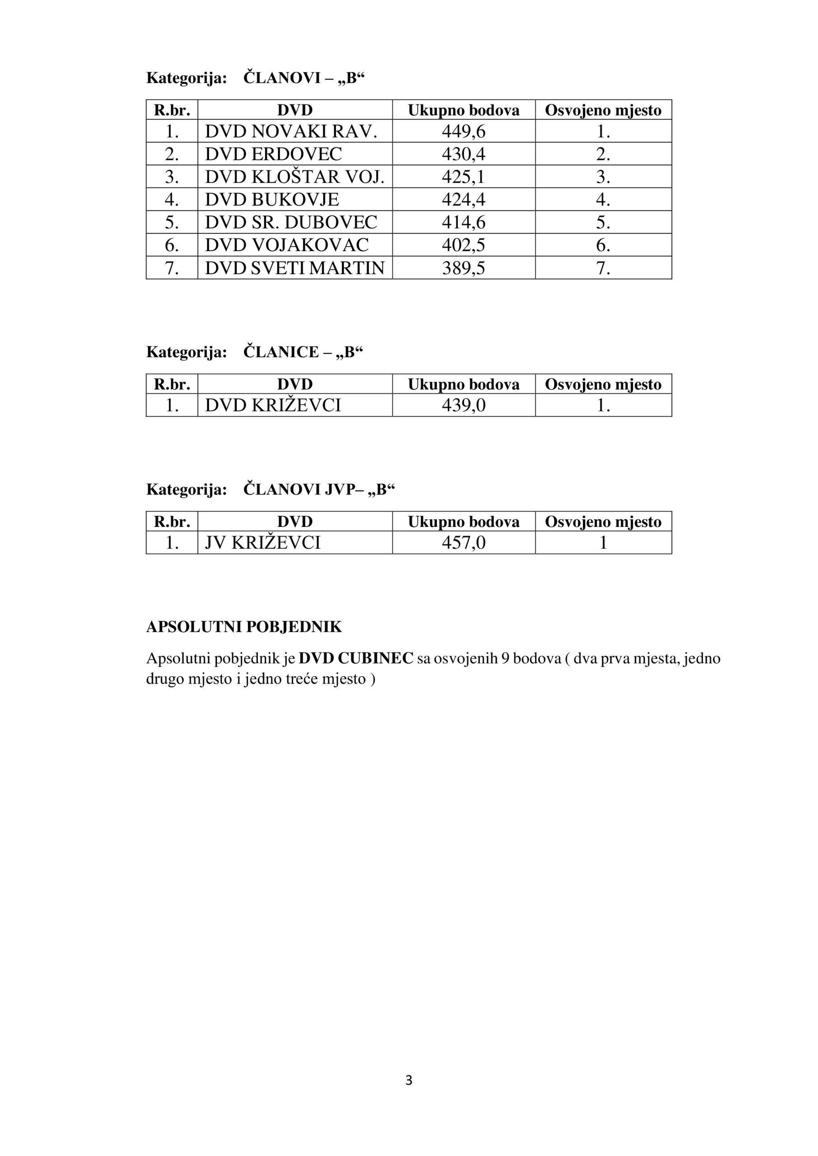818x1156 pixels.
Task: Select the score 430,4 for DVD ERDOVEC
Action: (x=463, y=154)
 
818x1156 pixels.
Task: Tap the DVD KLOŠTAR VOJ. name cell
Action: (x=294, y=177)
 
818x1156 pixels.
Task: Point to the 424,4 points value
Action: (x=463, y=200)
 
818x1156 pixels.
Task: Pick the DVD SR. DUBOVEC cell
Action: (x=290, y=223)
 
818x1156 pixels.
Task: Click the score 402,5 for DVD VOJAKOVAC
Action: (x=463, y=245)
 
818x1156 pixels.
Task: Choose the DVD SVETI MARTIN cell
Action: (x=294, y=268)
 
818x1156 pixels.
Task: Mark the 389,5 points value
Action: (x=463, y=268)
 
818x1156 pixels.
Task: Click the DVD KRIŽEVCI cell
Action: (x=272, y=406)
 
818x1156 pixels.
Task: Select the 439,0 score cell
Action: (x=463, y=406)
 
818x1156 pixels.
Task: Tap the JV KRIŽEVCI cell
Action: (x=262, y=543)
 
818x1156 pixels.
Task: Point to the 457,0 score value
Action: (x=463, y=543)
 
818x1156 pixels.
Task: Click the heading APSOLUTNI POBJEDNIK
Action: (x=244, y=627)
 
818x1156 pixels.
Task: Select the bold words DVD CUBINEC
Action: (x=355, y=658)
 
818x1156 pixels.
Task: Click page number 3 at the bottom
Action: (x=408, y=1081)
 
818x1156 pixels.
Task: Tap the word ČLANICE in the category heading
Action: (x=281, y=352)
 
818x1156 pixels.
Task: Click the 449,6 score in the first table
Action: (x=463, y=131)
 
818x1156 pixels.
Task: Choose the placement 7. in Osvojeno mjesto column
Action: (x=603, y=268)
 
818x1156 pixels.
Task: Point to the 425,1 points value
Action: (x=463, y=177)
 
